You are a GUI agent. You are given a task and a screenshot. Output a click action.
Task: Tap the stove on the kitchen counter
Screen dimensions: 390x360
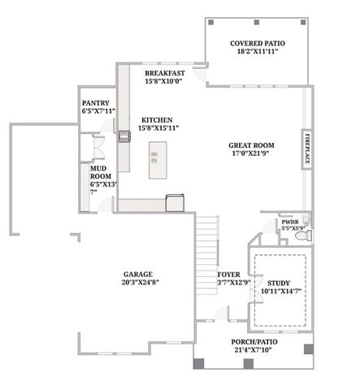pyautogui.click(x=124, y=136)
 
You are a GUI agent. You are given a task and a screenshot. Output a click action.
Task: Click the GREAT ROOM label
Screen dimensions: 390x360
pyautogui.click(x=252, y=145)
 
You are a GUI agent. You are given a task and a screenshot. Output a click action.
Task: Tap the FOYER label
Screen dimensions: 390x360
pyautogui.click(x=228, y=275)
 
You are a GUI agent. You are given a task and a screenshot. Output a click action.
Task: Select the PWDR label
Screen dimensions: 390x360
pyautogui.click(x=291, y=222)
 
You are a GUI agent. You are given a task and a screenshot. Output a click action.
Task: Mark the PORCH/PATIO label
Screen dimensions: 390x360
pyautogui.click(x=254, y=342)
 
